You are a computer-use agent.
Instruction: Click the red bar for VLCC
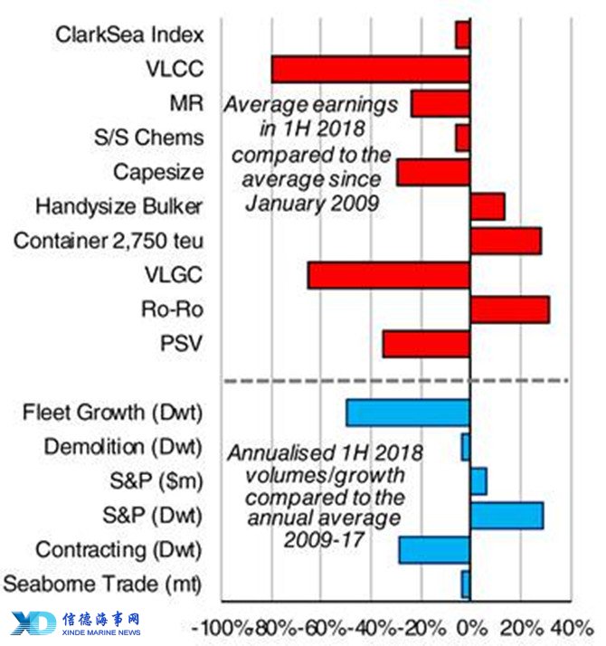tap(371, 69)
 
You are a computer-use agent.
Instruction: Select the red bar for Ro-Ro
tap(510, 309)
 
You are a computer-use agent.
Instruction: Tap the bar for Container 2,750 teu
tap(506, 241)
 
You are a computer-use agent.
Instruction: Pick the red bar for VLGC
tap(389, 275)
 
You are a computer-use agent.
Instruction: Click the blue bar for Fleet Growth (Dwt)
tap(408, 413)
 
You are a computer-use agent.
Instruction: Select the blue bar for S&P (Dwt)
tap(507, 516)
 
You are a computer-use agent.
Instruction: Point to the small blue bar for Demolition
tap(466, 447)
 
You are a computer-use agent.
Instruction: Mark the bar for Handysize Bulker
tap(488, 206)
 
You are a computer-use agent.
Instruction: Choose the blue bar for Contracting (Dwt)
tap(435, 550)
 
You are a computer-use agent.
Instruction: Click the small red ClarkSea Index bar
tap(463, 35)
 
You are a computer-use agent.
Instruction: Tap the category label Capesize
tap(158, 172)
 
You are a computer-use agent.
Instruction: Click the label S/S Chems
tap(148, 138)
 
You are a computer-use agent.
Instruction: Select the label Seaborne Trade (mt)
tap(102, 584)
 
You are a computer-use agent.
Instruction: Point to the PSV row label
tap(181, 343)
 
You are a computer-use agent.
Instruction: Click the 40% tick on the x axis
tap(573, 628)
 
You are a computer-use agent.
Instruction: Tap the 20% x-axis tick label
tap(522, 628)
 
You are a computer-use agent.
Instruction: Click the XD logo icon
tap(33, 622)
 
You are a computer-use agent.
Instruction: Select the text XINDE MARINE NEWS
tap(101, 632)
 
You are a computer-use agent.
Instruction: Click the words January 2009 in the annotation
tap(312, 204)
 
